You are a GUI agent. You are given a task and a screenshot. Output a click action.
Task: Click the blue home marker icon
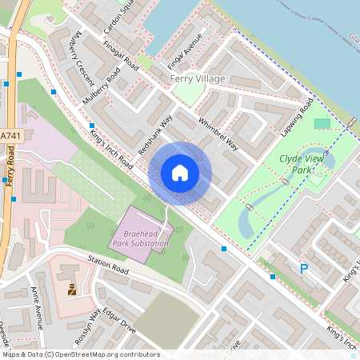coord(180,173)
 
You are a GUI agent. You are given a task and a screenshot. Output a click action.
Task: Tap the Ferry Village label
coord(198,79)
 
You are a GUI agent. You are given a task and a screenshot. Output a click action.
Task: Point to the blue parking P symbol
coord(303,269)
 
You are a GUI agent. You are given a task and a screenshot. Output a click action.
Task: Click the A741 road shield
coord(10,137)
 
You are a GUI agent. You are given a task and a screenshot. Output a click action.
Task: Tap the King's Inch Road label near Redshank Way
coord(113,150)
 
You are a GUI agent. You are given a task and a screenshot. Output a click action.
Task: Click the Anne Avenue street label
coord(37,307)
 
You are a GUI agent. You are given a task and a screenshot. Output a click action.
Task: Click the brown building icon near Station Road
coord(72,290)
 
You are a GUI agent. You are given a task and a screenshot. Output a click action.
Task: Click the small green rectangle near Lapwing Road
coord(322,123)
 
